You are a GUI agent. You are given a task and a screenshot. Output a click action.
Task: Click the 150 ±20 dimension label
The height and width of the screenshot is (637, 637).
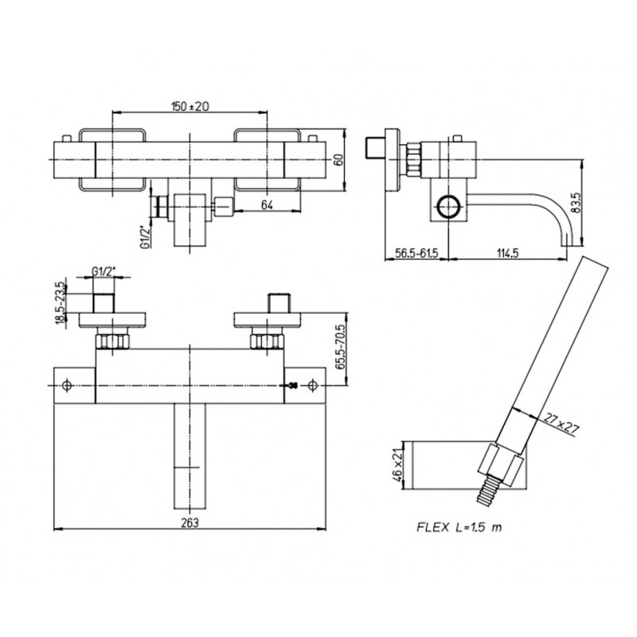[190, 106]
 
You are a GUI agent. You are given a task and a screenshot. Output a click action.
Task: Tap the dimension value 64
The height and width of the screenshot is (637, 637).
[267, 205]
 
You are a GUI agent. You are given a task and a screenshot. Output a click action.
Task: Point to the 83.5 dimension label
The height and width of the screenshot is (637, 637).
[576, 203]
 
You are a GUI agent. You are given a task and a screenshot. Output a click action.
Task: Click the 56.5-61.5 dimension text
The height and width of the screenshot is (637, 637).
[416, 253]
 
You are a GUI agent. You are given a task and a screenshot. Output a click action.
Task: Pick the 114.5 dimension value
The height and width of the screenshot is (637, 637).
[508, 253]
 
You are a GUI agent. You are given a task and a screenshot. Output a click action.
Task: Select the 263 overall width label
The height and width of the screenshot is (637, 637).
[190, 522]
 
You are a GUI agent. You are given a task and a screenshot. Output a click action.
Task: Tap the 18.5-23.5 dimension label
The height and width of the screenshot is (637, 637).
[60, 303]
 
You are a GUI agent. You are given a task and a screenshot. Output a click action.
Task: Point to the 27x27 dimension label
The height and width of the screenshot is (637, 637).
[561, 424]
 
